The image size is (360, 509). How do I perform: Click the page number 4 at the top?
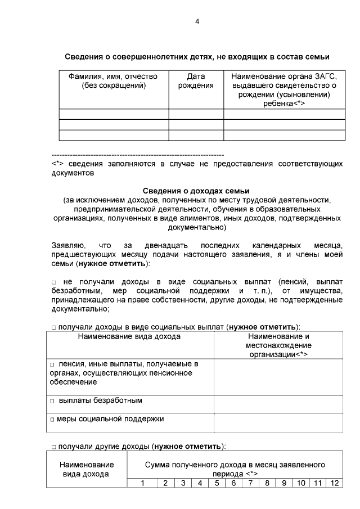(197, 21)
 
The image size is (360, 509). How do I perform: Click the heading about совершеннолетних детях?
(196, 57)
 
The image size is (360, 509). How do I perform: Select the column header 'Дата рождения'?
(196, 81)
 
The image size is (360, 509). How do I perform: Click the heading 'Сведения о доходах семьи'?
(196, 191)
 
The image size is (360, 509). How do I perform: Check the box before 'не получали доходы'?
(54, 281)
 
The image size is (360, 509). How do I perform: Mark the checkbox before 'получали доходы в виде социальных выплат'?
(54, 327)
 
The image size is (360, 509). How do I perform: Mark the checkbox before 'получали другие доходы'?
(54, 447)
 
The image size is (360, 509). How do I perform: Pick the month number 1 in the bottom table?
(142, 483)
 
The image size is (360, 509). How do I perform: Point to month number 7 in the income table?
(250, 483)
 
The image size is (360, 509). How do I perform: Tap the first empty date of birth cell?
(196, 114)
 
